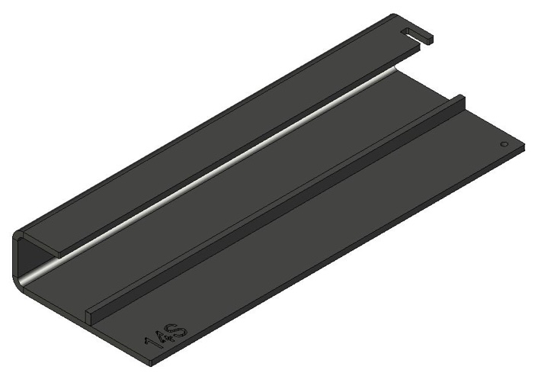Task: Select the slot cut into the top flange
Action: pos(416,33)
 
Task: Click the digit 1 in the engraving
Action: pos(153,347)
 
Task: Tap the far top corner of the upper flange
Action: pos(393,15)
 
